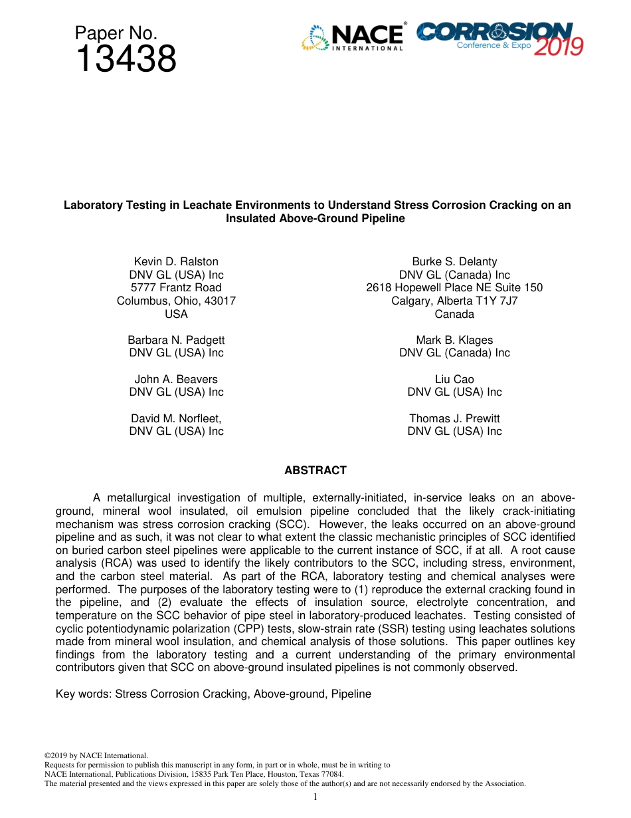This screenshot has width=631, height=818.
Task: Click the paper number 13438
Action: click(x=126, y=60)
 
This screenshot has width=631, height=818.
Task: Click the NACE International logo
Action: click(x=353, y=37)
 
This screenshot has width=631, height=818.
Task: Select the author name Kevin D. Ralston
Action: click(x=176, y=261)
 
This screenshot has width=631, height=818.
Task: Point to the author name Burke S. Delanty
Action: click(x=454, y=261)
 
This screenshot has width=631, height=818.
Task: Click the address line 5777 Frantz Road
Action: click(x=176, y=287)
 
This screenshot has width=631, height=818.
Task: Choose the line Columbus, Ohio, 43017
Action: click(x=176, y=301)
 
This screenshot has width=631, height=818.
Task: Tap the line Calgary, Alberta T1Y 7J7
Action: click(x=454, y=301)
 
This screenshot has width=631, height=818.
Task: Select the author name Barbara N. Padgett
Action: click(x=176, y=340)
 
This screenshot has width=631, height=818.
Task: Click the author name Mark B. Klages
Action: click(x=454, y=340)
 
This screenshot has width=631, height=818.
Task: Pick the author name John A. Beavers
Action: click(x=176, y=379)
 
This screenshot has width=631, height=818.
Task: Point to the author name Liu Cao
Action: click(x=454, y=379)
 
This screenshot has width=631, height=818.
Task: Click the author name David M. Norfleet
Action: click(x=176, y=418)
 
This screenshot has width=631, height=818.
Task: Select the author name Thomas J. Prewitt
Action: click(x=454, y=418)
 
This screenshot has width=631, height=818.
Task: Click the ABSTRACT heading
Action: click(x=315, y=470)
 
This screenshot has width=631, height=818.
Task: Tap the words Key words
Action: click(x=83, y=694)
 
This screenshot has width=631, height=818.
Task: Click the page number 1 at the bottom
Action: click(x=315, y=797)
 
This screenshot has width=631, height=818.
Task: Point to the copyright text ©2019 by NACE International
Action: click(x=96, y=755)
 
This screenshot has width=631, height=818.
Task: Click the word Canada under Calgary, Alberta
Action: click(x=454, y=314)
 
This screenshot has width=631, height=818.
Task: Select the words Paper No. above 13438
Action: click(x=116, y=33)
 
